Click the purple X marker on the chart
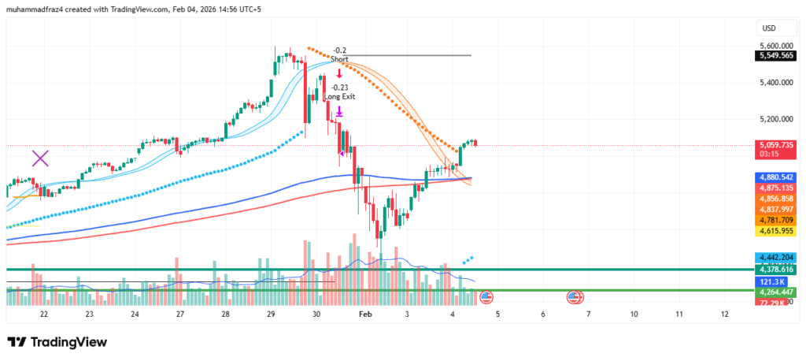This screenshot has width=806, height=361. [40, 158]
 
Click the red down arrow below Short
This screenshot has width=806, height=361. [339, 73]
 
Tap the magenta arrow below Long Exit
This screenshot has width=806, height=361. [339, 112]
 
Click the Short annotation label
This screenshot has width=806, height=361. [339, 59]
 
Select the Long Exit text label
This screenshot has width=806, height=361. [340, 96]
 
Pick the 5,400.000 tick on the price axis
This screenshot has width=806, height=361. [777, 83]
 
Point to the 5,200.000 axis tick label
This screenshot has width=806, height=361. [777, 120]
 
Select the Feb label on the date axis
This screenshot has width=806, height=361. [364, 314]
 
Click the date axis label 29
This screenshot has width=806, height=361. [271, 314]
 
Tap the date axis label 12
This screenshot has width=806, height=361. [725, 314]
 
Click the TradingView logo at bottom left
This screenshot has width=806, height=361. [57, 343]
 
